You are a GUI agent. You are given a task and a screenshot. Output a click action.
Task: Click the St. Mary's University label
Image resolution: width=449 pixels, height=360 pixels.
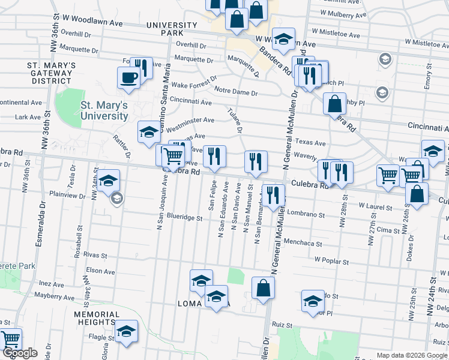point(104,110)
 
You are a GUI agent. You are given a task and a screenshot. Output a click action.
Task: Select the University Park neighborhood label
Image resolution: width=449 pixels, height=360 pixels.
point(172,29)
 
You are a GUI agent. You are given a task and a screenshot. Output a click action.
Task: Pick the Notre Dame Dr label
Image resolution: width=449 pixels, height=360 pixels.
point(236,94)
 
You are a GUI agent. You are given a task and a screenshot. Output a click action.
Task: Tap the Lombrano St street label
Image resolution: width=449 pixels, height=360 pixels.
point(306,214)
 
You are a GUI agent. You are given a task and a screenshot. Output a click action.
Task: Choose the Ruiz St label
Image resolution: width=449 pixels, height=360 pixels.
point(282,325)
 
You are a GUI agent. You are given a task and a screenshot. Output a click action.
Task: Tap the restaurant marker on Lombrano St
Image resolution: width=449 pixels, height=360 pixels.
point(273,195)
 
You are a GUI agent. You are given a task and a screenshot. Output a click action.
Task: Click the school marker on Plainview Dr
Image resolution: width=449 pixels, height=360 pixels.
point(109,181)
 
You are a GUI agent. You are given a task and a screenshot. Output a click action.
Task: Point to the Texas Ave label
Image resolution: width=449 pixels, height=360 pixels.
point(310,143)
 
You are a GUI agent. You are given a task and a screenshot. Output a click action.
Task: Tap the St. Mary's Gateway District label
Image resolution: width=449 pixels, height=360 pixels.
point(50,73)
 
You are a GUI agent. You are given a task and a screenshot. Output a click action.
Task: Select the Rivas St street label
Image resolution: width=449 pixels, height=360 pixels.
point(95,255)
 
